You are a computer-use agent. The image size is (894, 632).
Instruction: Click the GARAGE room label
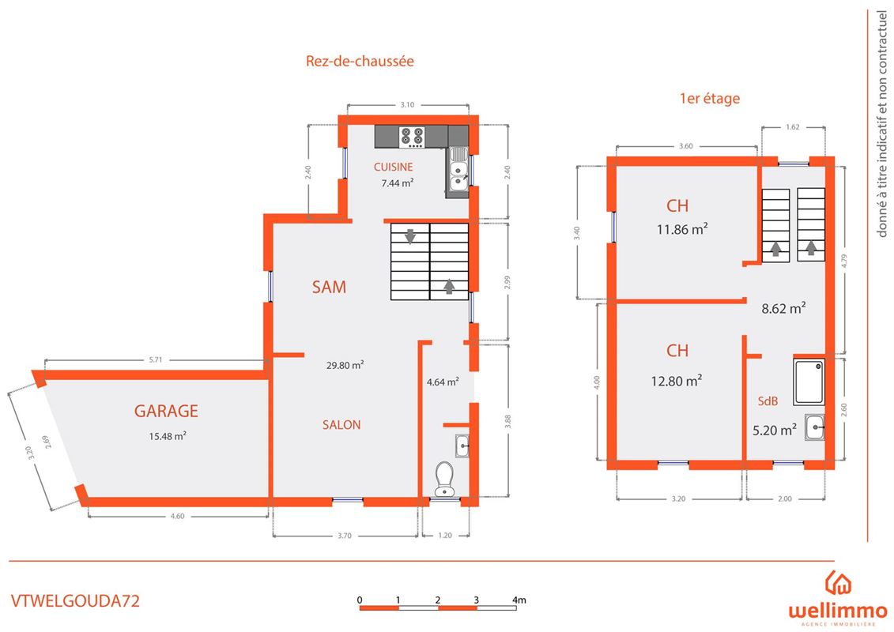point(166,411)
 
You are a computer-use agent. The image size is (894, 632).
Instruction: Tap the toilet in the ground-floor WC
point(444,479)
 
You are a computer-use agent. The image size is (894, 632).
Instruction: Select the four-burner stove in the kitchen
point(412,137)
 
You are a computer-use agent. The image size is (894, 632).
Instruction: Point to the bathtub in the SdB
point(809,382)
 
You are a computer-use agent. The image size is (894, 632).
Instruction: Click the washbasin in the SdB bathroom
point(815,427)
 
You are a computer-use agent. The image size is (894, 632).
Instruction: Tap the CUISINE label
point(394,167)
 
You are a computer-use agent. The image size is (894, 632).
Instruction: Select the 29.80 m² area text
point(345,365)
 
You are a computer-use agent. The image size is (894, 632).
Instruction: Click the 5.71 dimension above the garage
point(155,359)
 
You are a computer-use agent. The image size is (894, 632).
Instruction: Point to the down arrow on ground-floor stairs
point(410,235)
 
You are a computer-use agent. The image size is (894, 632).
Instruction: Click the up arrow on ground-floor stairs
point(449,286)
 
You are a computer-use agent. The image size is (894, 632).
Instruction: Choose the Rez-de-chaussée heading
point(360,61)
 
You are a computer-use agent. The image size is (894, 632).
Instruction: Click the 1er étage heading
point(709,98)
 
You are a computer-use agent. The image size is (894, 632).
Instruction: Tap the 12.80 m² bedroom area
point(676,381)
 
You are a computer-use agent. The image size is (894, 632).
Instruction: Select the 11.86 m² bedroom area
point(682,229)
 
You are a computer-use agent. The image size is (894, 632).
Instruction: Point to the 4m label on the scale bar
point(519,600)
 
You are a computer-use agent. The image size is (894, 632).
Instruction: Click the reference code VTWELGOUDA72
point(75,600)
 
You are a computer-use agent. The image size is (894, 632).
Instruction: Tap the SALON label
point(341,424)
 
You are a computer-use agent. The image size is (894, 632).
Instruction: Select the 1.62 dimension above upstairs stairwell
point(793,126)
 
